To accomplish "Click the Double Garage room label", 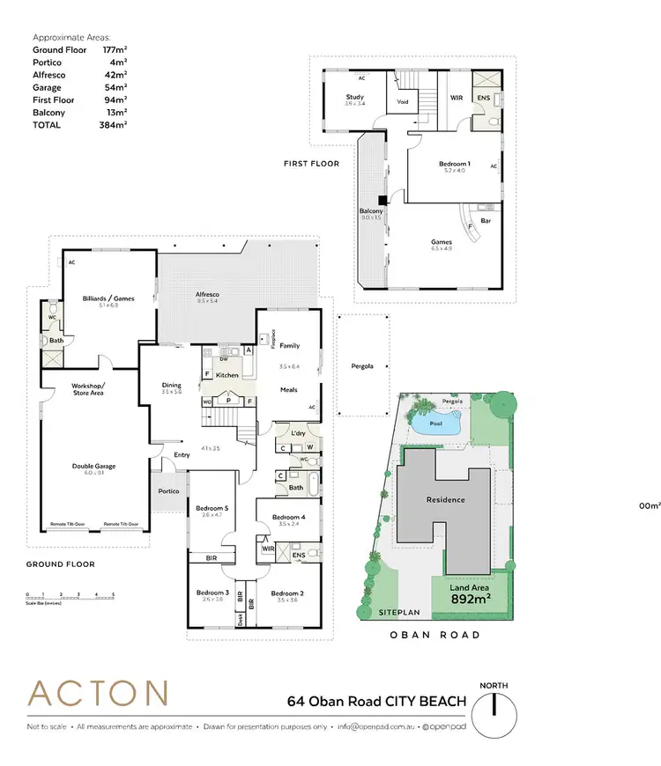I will (x=93, y=467).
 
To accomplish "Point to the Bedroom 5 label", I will (x=212, y=509).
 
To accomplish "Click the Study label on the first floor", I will (x=354, y=97).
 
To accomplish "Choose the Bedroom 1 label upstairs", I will (x=455, y=164).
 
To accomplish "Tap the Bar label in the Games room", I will (x=486, y=221).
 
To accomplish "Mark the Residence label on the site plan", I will (x=445, y=499).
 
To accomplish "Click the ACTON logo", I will (x=97, y=694).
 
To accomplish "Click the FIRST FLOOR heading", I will (x=311, y=164).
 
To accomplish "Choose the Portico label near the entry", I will (x=168, y=490).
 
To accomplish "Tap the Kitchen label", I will (x=227, y=375).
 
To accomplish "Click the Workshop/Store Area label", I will (x=88, y=389).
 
